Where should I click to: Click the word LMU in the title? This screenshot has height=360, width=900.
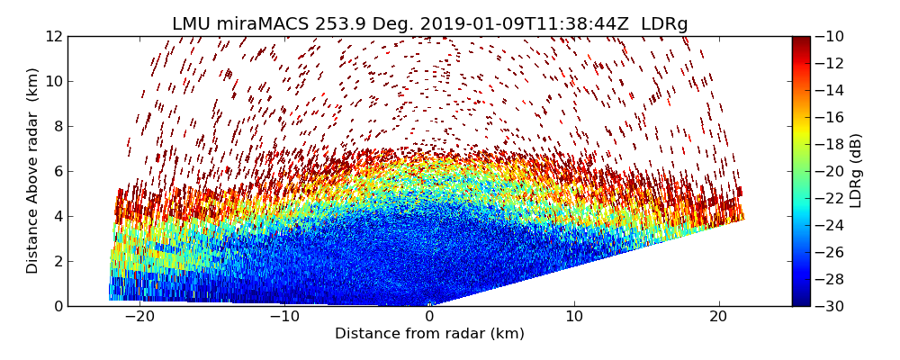click(193, 24)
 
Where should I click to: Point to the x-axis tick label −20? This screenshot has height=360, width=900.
click(139, 317)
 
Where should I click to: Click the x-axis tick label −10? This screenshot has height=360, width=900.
click(284, 317)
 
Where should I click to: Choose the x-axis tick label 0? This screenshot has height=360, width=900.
click(429, 317)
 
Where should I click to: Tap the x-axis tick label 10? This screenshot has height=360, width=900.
click(574, 317)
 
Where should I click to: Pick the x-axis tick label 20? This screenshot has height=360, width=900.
click(718, 317)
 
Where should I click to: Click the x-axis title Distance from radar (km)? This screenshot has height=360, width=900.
click(429, 334)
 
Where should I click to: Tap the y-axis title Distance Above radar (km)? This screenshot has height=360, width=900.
click(32, 171)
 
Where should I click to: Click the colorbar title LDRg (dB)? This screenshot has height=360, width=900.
click(856, 171)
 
